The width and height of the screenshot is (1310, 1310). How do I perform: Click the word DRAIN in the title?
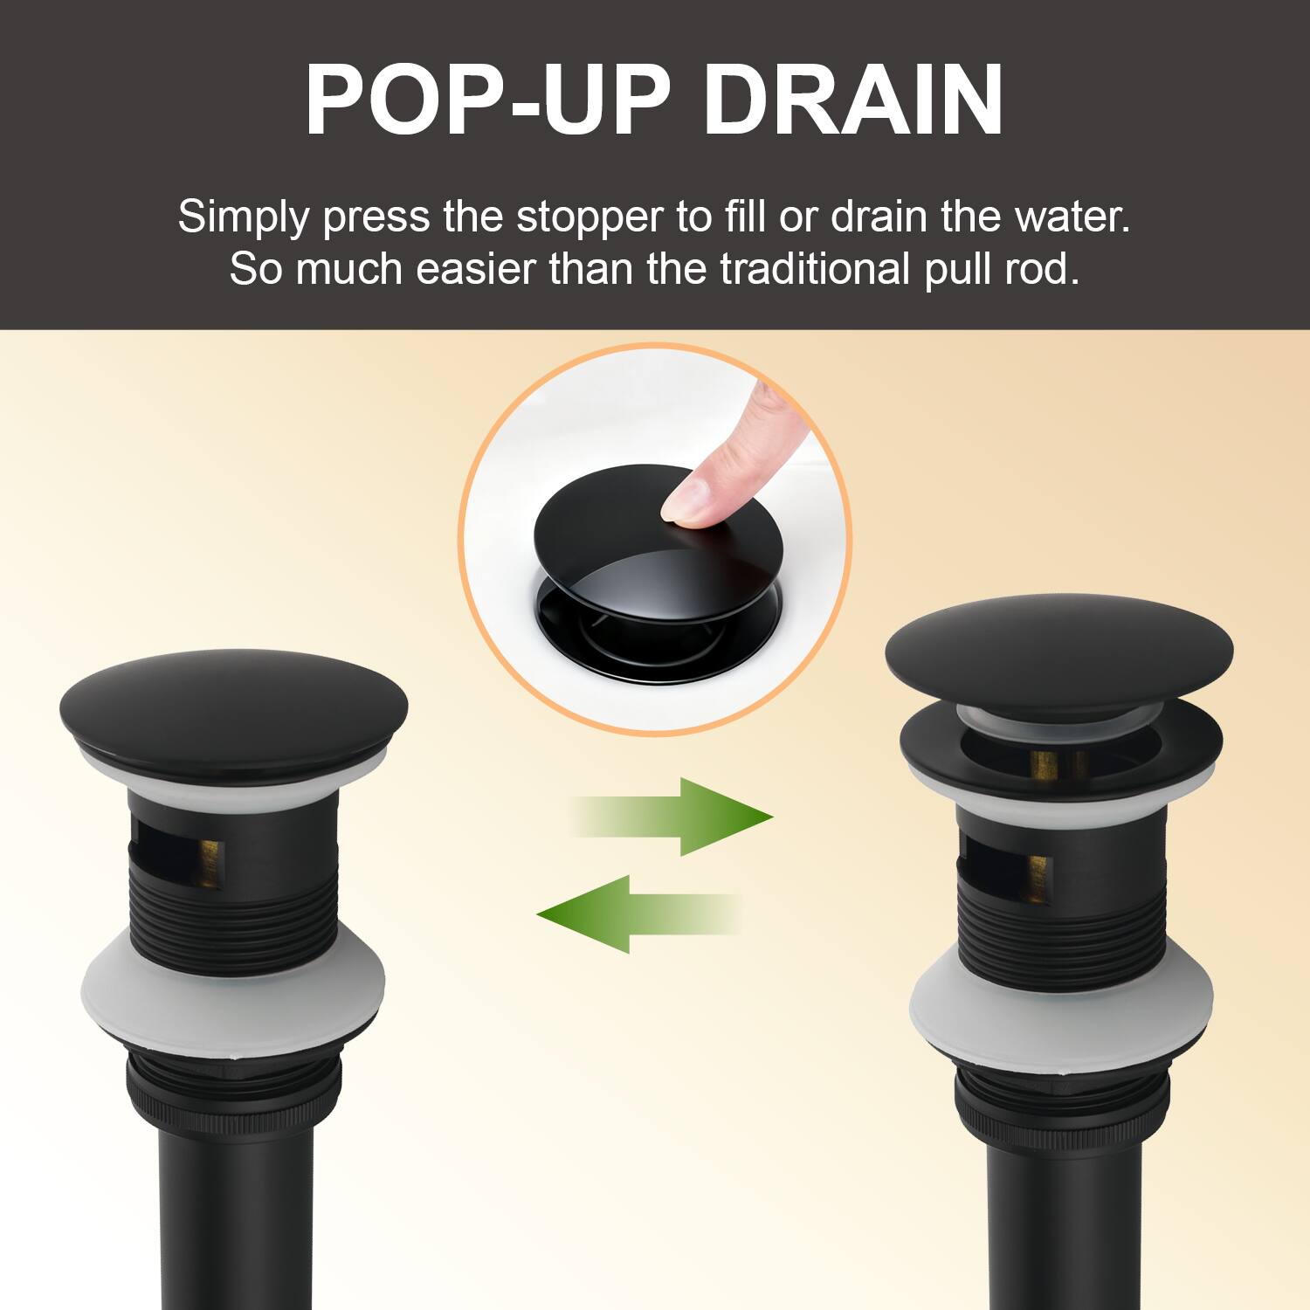pos(853,100)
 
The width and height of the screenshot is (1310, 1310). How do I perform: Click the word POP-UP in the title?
pos(487,100)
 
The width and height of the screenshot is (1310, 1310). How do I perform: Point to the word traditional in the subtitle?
pos(816,269)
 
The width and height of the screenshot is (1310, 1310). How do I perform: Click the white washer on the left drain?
pos(233,991)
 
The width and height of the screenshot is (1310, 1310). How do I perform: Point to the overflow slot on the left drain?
pos(175,856)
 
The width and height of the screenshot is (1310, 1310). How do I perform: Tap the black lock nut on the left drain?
pos(233,1092)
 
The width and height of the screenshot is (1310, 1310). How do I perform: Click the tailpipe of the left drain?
pos(236,1223)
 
